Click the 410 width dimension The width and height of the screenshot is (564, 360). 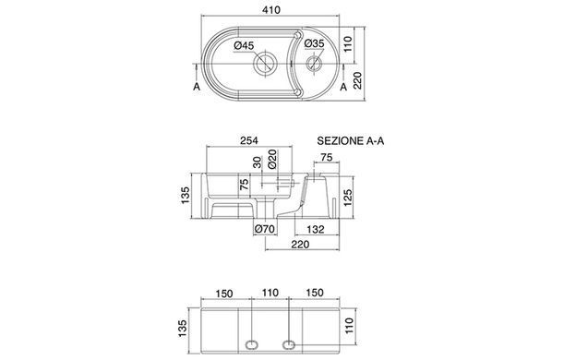click(271, 10)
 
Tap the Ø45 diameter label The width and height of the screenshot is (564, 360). click(244, 45)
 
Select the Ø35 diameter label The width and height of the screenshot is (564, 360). click(314, 43)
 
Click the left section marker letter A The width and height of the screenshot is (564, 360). click(197, 87)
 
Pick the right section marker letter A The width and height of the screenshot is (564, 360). click(343, 87)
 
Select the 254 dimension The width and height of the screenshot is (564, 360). click(249, 140)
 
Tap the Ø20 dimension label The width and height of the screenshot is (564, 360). click(272, 160)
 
